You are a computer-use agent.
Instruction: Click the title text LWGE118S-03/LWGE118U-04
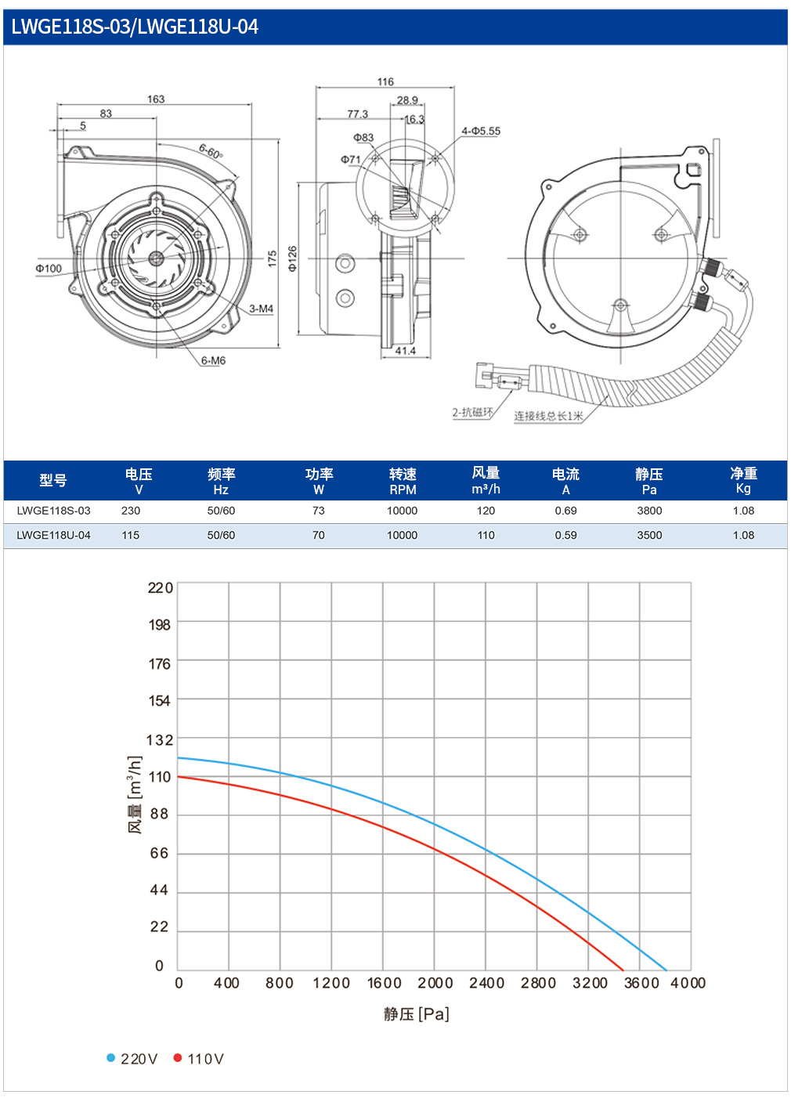pyautogui.click(x=134, y=27)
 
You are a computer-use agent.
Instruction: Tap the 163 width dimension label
pyautogui.click(x=156, y=99)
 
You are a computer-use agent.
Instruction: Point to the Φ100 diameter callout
pyautogui.click(x=49, y=269)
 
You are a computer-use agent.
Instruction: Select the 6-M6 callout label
pyautogui.click(x=213, y=360)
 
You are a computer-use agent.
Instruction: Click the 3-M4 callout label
pyautogui.click(x=262, y=309)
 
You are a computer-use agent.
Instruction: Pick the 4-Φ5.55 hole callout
pyautogui.click(x=481, y=132)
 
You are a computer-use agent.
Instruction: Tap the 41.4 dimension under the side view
pyautogui.click(x=406, y=351)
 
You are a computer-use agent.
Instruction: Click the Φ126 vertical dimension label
pyautogui.click(x=293, y=258)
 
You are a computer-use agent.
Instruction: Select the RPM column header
pyautogui.click(x=403, y=490)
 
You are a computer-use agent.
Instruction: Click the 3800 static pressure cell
pyautogui.click(x=649, y=511)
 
